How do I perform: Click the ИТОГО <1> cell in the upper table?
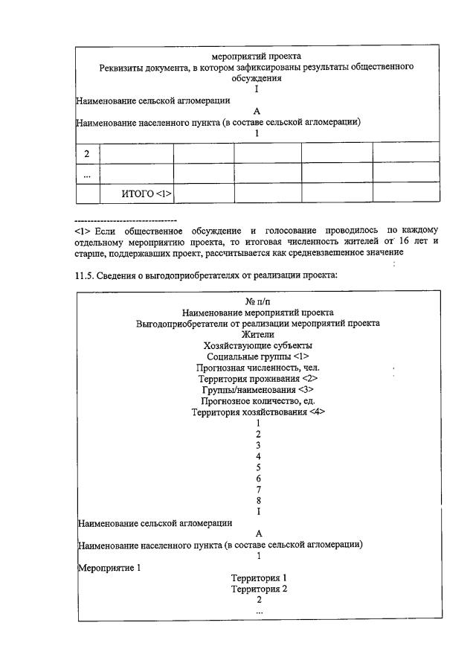pyautogui.click(x=146, y=193)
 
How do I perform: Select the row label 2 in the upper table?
pyautogui.click(x=87, y=153)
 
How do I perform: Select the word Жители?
pyautogui.click(x=257, y=334)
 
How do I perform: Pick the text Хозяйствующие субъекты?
pyautogui.click(x=257, y=345)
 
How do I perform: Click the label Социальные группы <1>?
pyautogui.click(x=257, y=356)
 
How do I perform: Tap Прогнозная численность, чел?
pyautogui.click(x=257, y=368)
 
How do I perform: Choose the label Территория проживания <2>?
pyautogui.click(x=257, y=379)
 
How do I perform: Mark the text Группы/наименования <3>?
pyautogui.click(x=257, y=390)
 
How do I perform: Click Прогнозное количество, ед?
pyautogui.click(x=257, y=401)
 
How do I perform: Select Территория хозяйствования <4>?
pyautogui.click(x=257, y=412)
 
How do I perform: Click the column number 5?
pyautogui.click(x=257, y=467)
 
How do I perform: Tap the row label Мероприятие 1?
pyautogui.click(x=109, y=567)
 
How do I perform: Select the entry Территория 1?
pyautogui.click(x=258, y=577)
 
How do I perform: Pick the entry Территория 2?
pyautogui.click(x=258, y=589)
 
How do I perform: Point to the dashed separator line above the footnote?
pyautogui.click(x=126, y=221)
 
